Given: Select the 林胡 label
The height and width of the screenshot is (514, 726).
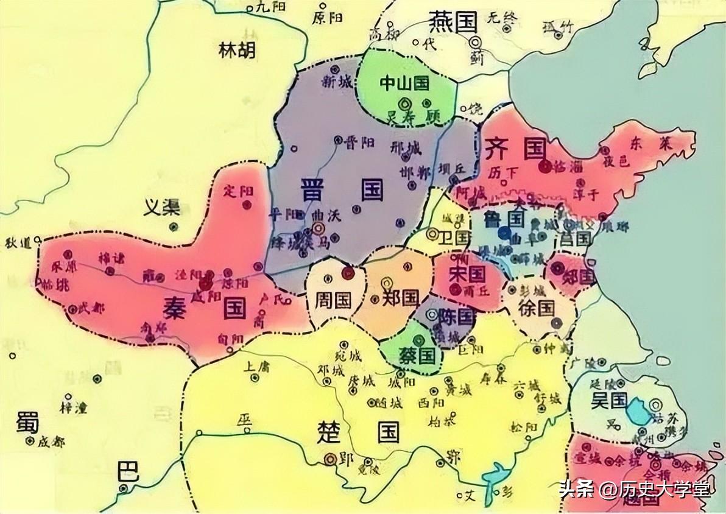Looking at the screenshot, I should coord(238,51).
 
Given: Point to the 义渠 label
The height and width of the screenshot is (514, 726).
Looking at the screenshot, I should coord(161,208).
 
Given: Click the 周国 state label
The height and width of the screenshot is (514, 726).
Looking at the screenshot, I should coord(333,299).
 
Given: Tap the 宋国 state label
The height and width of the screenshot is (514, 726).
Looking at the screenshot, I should coord(467,274).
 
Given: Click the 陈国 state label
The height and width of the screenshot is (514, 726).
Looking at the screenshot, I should coord(456,316).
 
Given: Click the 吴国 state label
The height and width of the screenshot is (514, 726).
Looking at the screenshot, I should coord(608,400).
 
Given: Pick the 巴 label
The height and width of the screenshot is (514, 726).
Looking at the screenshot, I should coord(128,471).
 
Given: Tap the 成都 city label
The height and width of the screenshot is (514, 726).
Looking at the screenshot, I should coord(51,442).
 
